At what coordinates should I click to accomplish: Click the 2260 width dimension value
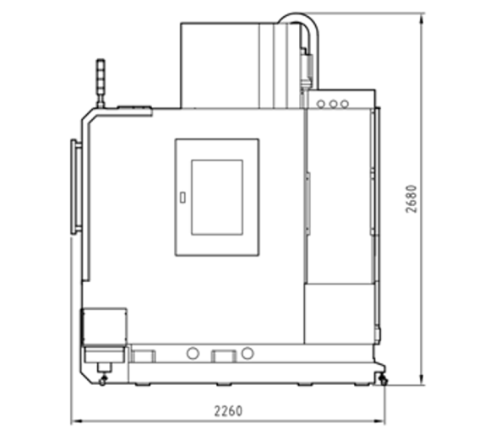click(228, 411)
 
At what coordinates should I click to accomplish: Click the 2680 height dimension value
click(411, 198)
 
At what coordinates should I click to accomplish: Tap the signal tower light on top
click(101, 83)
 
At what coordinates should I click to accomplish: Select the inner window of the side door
click(217, 198)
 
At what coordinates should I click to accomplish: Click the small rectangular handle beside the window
click(182, 198)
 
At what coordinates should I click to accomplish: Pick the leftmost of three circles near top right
click(321, 104)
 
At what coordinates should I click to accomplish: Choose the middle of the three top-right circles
click(333, 104)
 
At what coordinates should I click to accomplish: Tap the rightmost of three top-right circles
click(345, 104)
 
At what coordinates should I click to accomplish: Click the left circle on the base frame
click(193, 353)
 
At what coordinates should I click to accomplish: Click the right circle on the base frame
click(247, 353)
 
